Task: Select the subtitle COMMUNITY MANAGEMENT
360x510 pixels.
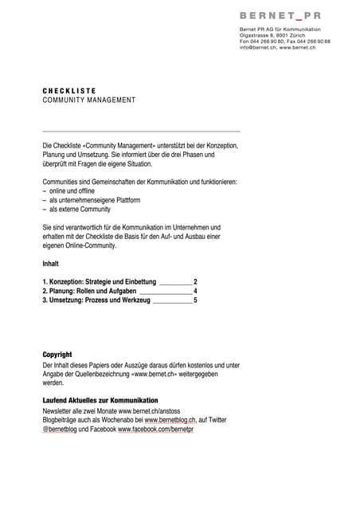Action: point(88,100)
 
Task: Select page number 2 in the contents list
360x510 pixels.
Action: point(195,282)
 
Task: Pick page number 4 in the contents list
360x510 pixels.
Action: point(195,292)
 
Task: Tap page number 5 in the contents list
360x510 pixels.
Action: point(195,301)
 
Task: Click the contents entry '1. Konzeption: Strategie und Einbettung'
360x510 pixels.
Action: point(100,282)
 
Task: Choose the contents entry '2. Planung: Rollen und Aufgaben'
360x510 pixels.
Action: point(89,292)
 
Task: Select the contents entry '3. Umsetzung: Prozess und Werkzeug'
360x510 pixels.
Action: point(96,301)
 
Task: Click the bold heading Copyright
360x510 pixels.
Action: point(57,355)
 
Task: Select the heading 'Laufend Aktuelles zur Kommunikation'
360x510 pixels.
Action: point(100,400)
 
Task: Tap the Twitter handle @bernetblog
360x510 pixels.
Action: point(61,430)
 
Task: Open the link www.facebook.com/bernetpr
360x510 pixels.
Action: point(155,430)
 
